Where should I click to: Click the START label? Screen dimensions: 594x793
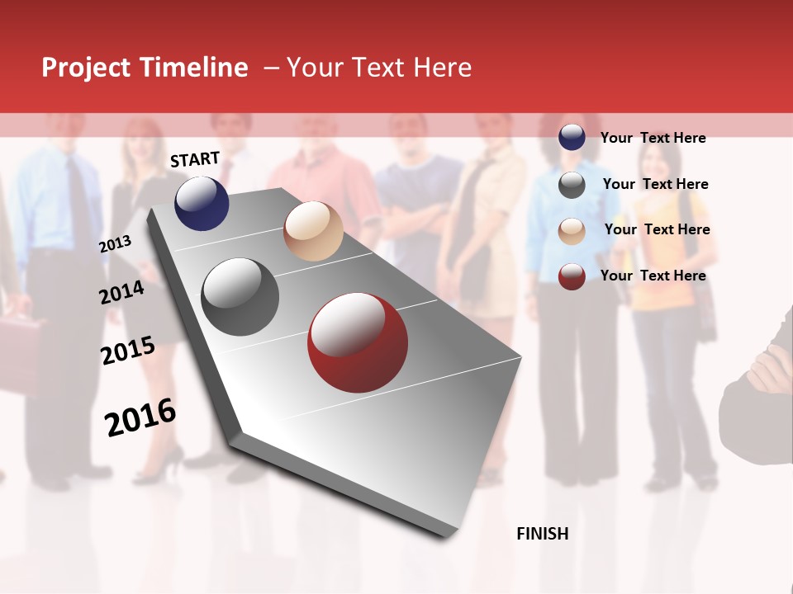pyautogui.click(x=195, y=159)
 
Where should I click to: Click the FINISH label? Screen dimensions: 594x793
pyautogui.click(x=542, y=534)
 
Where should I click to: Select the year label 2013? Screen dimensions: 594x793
pyautogui.click(x=115, y=244)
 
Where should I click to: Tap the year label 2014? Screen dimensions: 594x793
pyautogui.click(x=121, y=293)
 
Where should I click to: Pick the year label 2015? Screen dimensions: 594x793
pyautogui.click(x=127, y=351)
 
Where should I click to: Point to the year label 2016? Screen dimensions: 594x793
pyautogui.click(x=140, y=417)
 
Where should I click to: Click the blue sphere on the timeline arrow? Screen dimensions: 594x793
pyautogui.click(x=202, y=203)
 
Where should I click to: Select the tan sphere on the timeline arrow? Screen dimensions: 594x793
pyautogui.click(x=313, y=231)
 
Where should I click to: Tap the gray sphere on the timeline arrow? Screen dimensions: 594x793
pyautogui.click(x=240, y=296)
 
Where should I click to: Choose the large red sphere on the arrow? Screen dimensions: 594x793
pyautogui.click(x=358, y=343)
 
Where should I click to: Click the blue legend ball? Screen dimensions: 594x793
pyautogui.click(x=572, y=137)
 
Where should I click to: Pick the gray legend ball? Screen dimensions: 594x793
pyautogui.click(x=572, y=185)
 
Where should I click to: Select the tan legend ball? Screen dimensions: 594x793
pyautogui.click(x=572, y=231)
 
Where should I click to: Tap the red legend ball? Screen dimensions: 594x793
pyautogui.click(x=572, y=276)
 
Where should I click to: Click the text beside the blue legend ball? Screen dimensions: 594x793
pyautogui.click(x=653, y=138)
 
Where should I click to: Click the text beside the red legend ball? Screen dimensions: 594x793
pyautogui.click(x=653, y=276)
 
